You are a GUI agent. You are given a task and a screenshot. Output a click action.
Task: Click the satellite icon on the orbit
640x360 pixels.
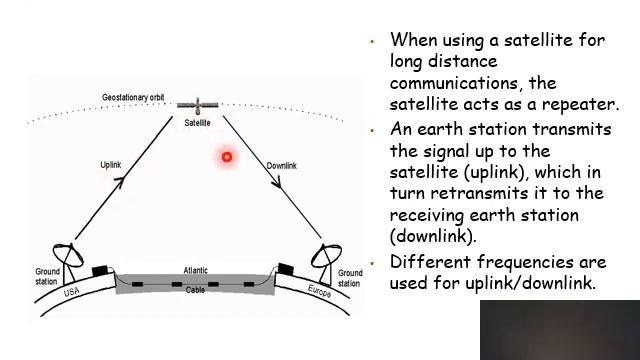[197, 104]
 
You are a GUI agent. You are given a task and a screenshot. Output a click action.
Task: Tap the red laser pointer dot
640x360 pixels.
[227, 156]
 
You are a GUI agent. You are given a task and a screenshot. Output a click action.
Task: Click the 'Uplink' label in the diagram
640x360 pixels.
[111, 163]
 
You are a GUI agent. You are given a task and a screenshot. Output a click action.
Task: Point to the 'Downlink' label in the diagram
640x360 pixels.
[283, 165]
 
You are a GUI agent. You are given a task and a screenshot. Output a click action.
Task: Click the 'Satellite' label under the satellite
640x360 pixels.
[197, 123]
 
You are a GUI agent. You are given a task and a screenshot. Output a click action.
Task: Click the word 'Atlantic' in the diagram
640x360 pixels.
[196, 271]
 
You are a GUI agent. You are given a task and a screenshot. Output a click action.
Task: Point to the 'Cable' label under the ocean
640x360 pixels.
[196, 290]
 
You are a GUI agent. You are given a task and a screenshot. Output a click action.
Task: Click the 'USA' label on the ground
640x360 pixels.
[71, 292]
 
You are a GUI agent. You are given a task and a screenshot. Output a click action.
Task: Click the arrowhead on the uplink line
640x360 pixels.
[119, 181]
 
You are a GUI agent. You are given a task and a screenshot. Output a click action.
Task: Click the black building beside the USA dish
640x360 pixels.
[99, 270]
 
